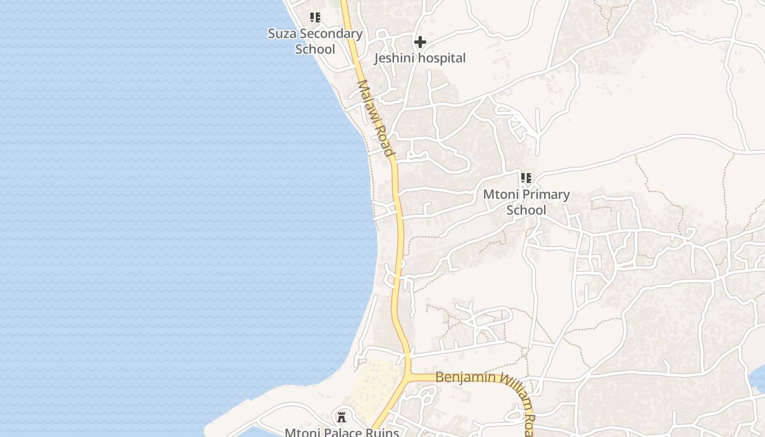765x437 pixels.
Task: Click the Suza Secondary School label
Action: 315,41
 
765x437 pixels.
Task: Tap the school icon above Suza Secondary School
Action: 315,17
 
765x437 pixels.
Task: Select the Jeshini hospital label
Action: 420,58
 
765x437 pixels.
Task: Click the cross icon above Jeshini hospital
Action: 420,42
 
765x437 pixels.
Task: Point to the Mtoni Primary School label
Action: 526,202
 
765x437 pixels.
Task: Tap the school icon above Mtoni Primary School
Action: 526,178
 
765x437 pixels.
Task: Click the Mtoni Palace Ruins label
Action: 342,432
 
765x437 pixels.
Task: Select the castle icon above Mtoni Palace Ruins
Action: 342,417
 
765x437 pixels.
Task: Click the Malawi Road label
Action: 375,118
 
